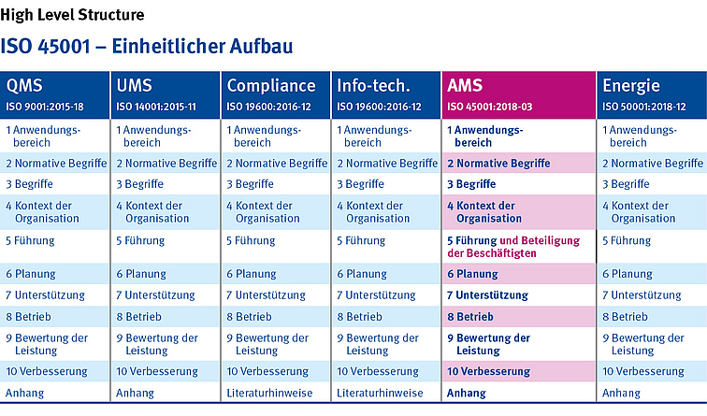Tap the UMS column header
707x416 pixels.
tap(135, 86)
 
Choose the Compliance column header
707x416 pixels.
tap(271, 86)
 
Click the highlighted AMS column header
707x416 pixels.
tap(465, 86)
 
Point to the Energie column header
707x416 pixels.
tap(631, 86)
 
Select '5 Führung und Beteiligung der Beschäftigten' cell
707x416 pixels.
tap(513, 247)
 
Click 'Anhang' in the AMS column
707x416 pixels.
tap(467, 394)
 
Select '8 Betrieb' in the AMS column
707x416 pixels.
tap(470, 316)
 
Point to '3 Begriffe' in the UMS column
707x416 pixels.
tap(140, 184)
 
